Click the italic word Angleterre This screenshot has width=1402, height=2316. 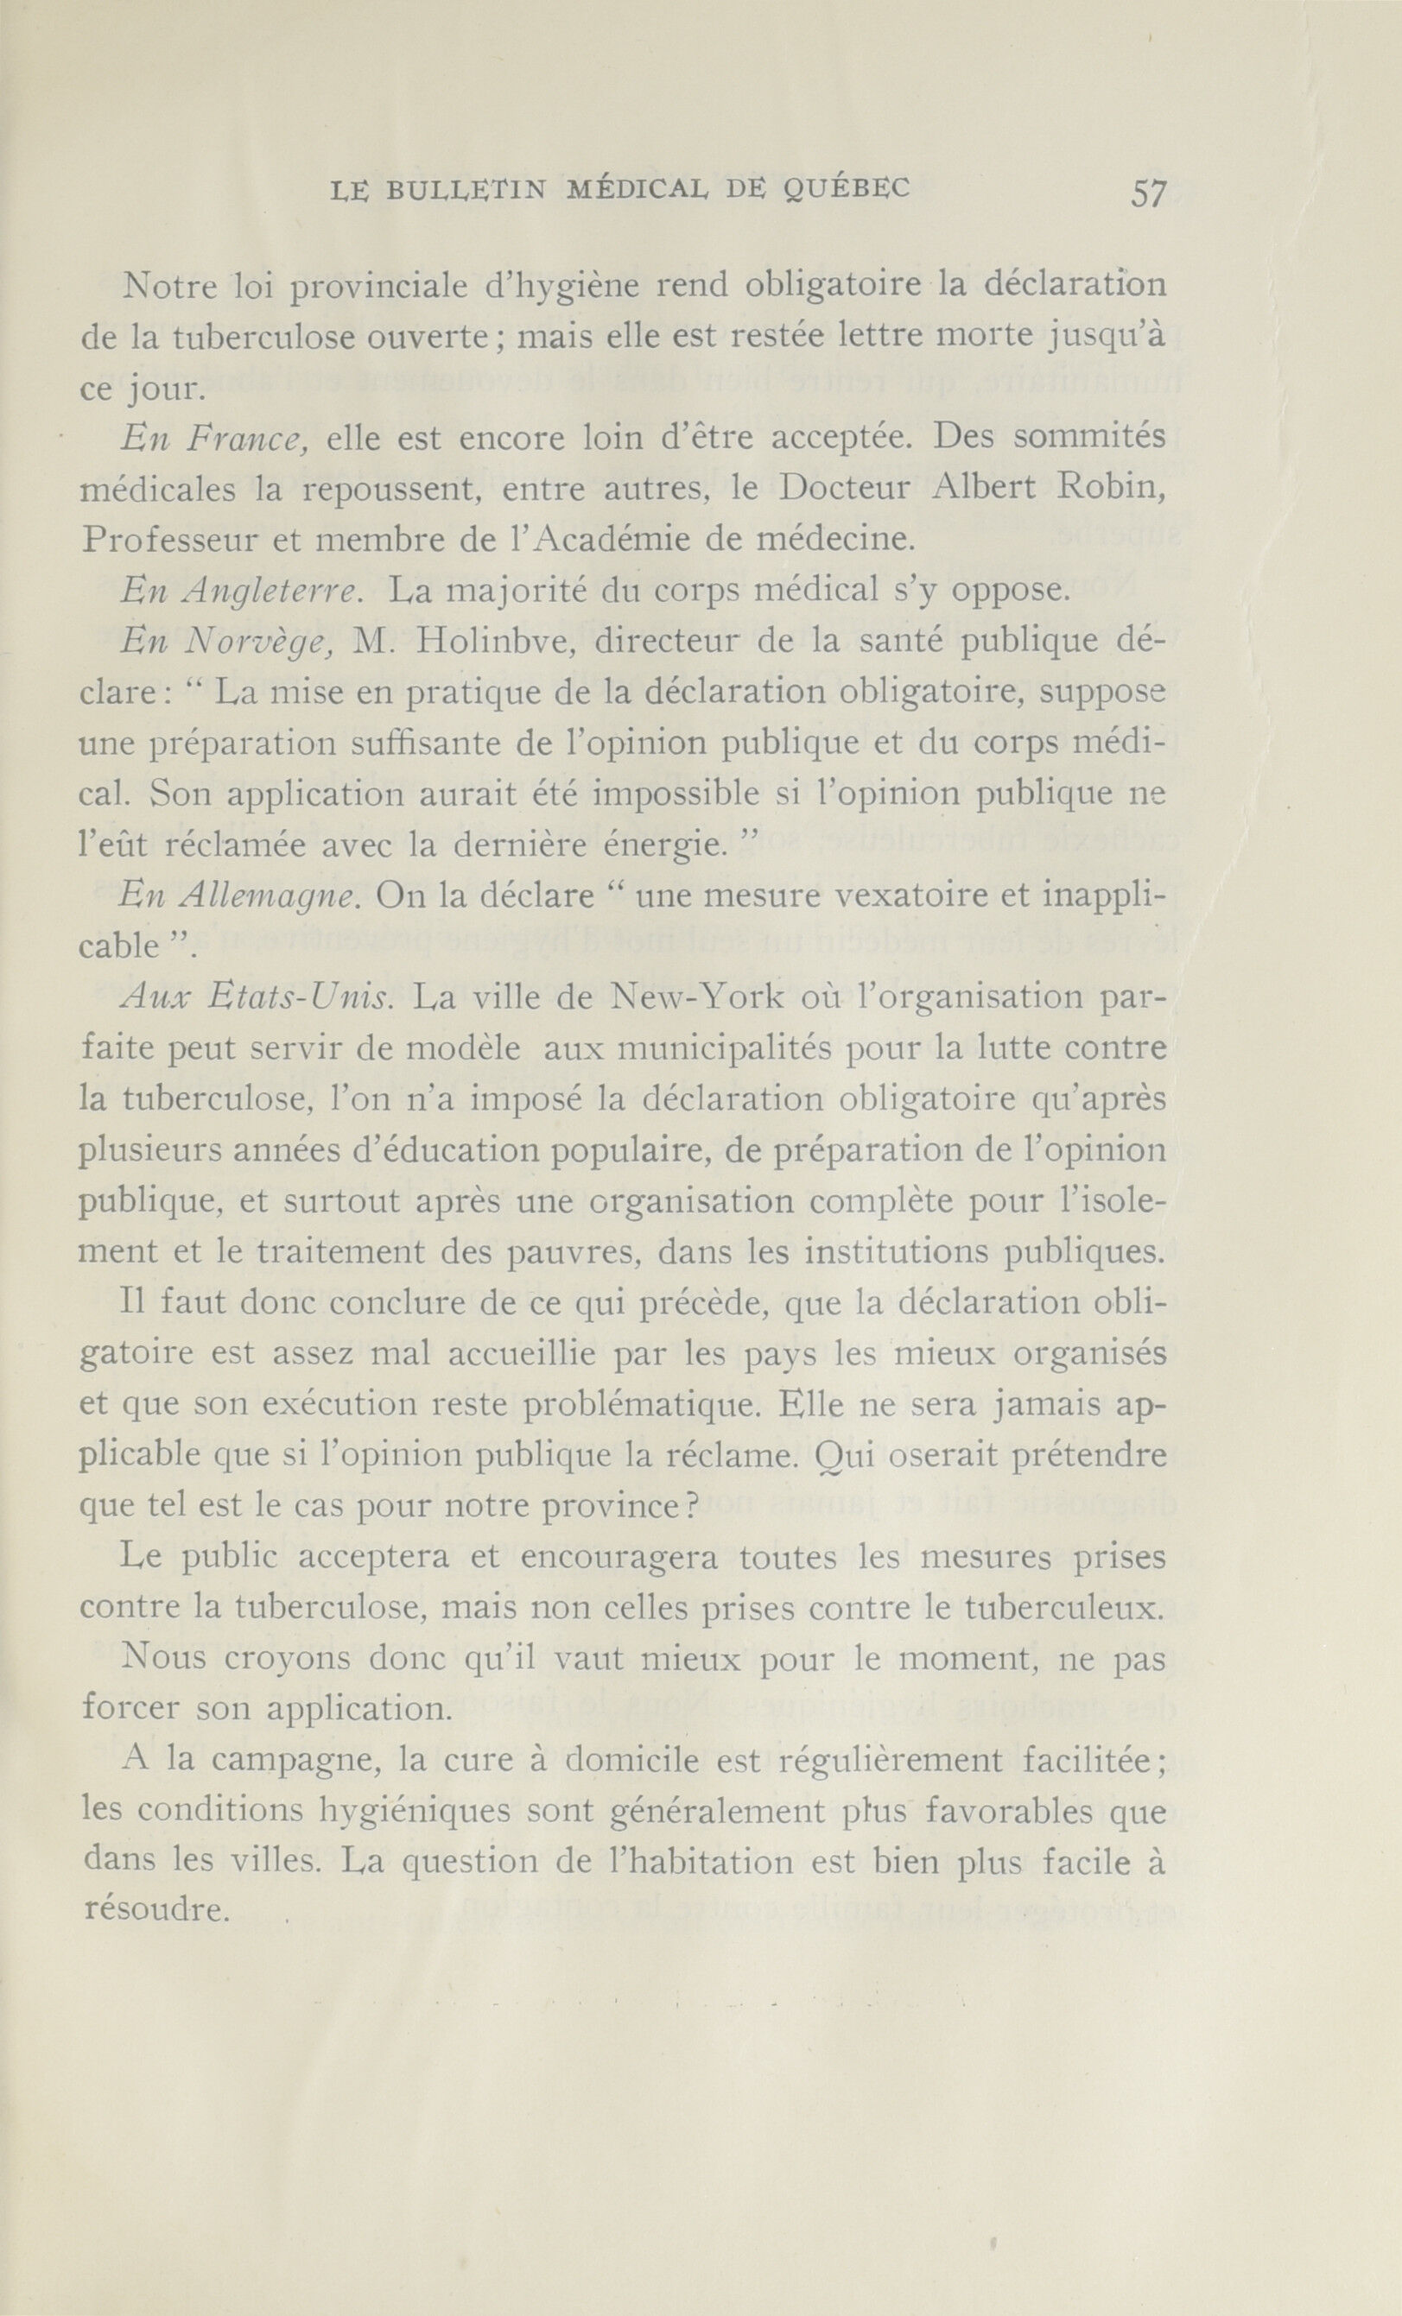tap(269, 592)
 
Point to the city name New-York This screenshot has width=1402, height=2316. tap(697, 997)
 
